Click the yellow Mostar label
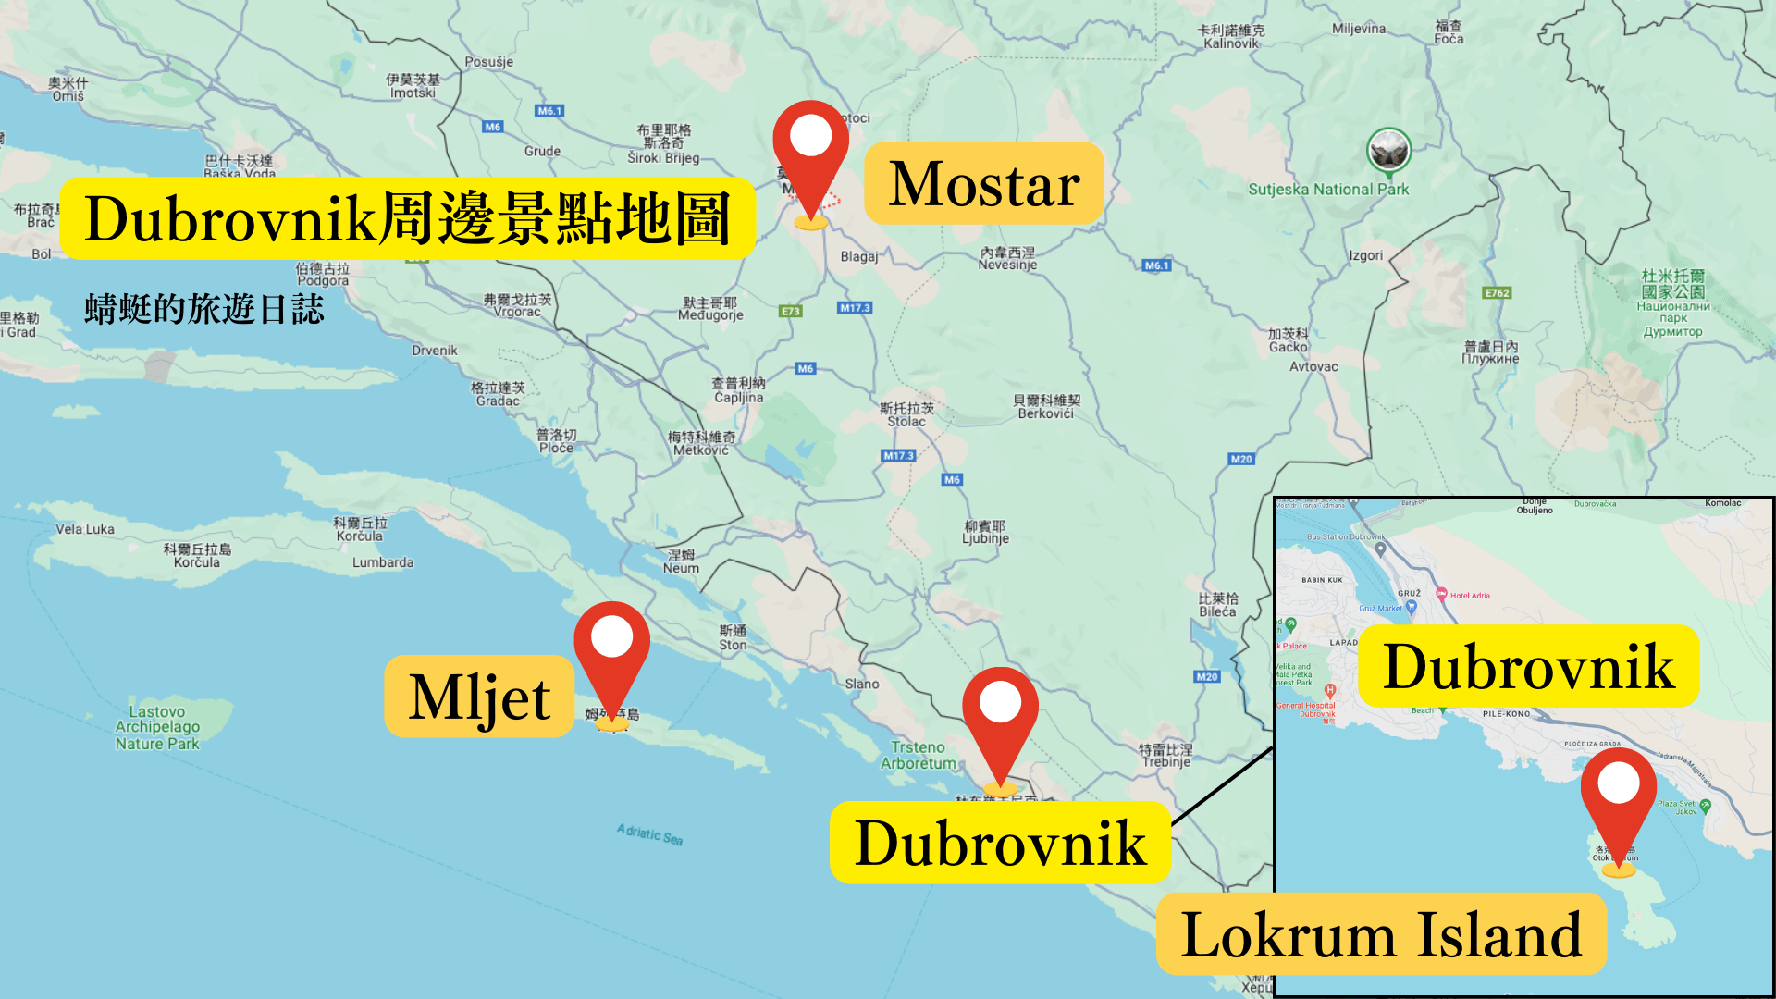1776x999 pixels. click(x=983, y=183)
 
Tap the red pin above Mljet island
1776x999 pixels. click(x=611, y=647)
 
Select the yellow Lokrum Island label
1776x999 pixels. click(x=1381, y=934)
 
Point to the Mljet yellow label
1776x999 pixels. click(x=479, y=697)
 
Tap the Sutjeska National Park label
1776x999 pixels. click(x=1328, y=190)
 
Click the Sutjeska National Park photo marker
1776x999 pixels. click(x=1388, y=150)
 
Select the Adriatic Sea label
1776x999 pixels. click(x=649, y=834)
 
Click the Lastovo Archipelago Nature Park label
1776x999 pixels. click(x=157, y=727)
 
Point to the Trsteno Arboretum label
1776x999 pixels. click(x=918, y=755)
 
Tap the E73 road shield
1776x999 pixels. click(x=790, y=312)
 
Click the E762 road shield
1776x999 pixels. click(x=1497, y=293)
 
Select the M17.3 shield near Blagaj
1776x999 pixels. click(x=855, y=308)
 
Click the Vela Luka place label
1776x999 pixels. click(x=85, y=529)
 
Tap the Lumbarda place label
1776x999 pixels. click(x=383, y=562)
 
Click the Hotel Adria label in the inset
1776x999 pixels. click(x=1470, y=596)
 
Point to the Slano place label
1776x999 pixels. click(x=862, y=684)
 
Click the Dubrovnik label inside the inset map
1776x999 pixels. click(x=1528, y=667)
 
